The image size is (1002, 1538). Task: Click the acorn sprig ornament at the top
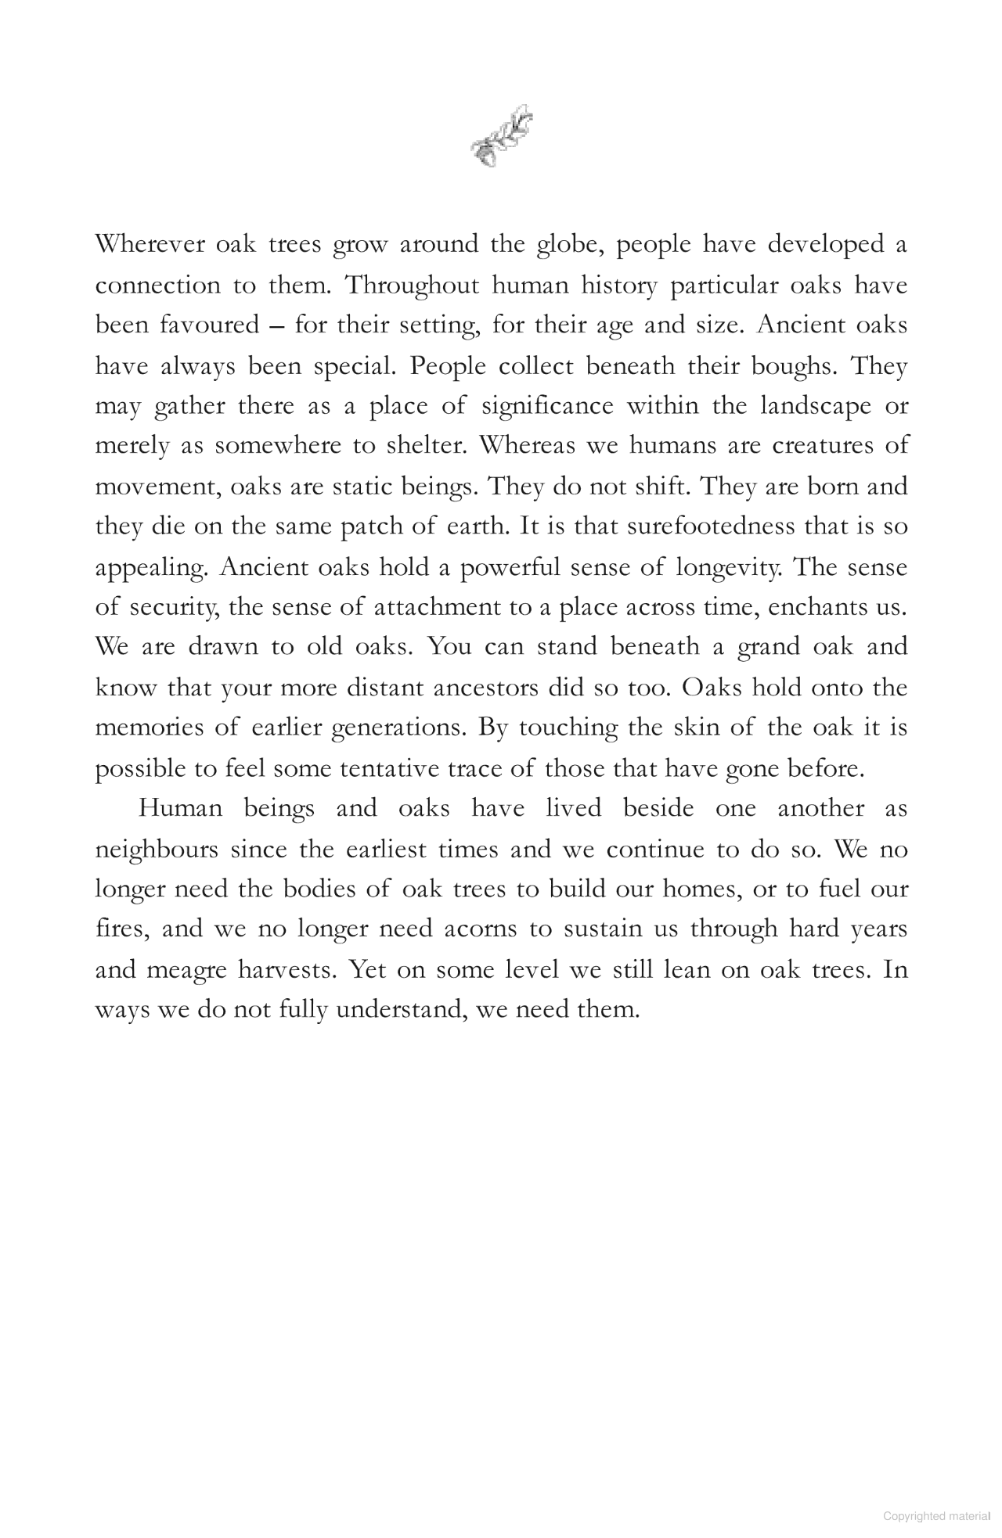tap(502, 135)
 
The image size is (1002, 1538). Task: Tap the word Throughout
tap(412, 286)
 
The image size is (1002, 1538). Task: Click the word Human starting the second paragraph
tap(180, 808)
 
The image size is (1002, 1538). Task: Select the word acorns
tap(481, 929)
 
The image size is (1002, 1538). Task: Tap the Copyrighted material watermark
tap(936, 1515)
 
